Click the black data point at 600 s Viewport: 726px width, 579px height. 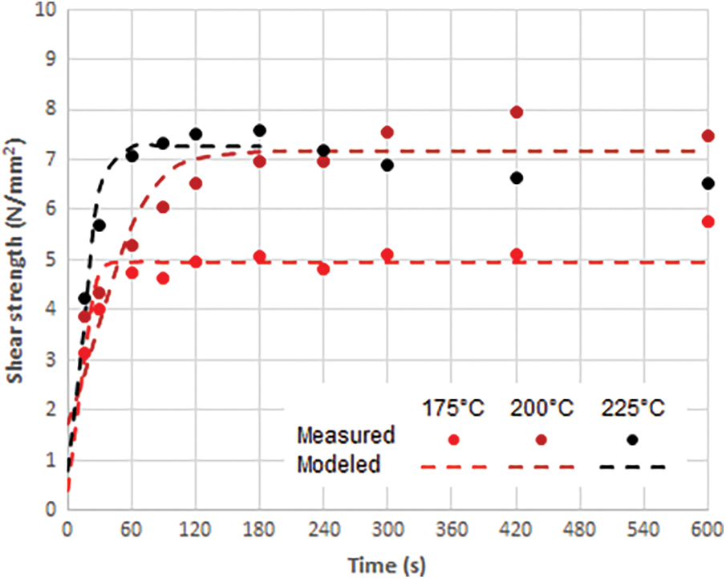point(708,183)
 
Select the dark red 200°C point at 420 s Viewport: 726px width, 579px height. point(517,112)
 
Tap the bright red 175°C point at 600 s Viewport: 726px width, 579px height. point(708,222)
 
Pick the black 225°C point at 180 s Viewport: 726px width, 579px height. point(259,130)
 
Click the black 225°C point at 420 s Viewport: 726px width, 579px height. point(517,177)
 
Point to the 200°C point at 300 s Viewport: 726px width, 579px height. point(387,132)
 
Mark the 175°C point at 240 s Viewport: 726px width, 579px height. point(323,269)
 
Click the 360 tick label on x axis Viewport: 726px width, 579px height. point(452,531)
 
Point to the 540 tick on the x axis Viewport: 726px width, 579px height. point(644,531)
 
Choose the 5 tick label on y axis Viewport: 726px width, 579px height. point(50,260)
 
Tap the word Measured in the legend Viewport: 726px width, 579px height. point(346,436)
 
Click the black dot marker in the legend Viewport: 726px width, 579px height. point(633,439)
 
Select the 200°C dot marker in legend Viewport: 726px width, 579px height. point(541,439)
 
